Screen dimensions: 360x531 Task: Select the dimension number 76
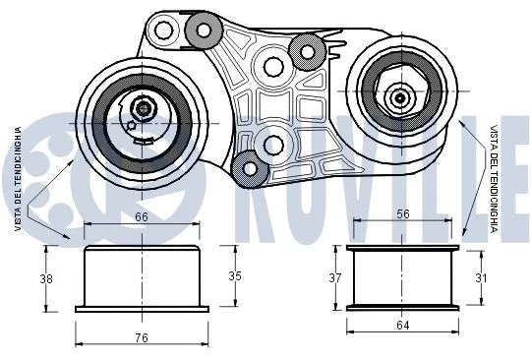tap(142, 337)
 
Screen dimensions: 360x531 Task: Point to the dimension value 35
tap(234, 275)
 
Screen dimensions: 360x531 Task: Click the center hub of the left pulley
tap(145, 109)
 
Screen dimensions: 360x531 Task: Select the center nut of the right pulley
tap(400, 96)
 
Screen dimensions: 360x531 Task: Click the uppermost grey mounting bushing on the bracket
tap(204, 30)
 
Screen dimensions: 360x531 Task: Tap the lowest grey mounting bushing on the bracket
tap(251, 169)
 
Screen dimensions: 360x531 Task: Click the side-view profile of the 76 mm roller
tap(142, 278)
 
